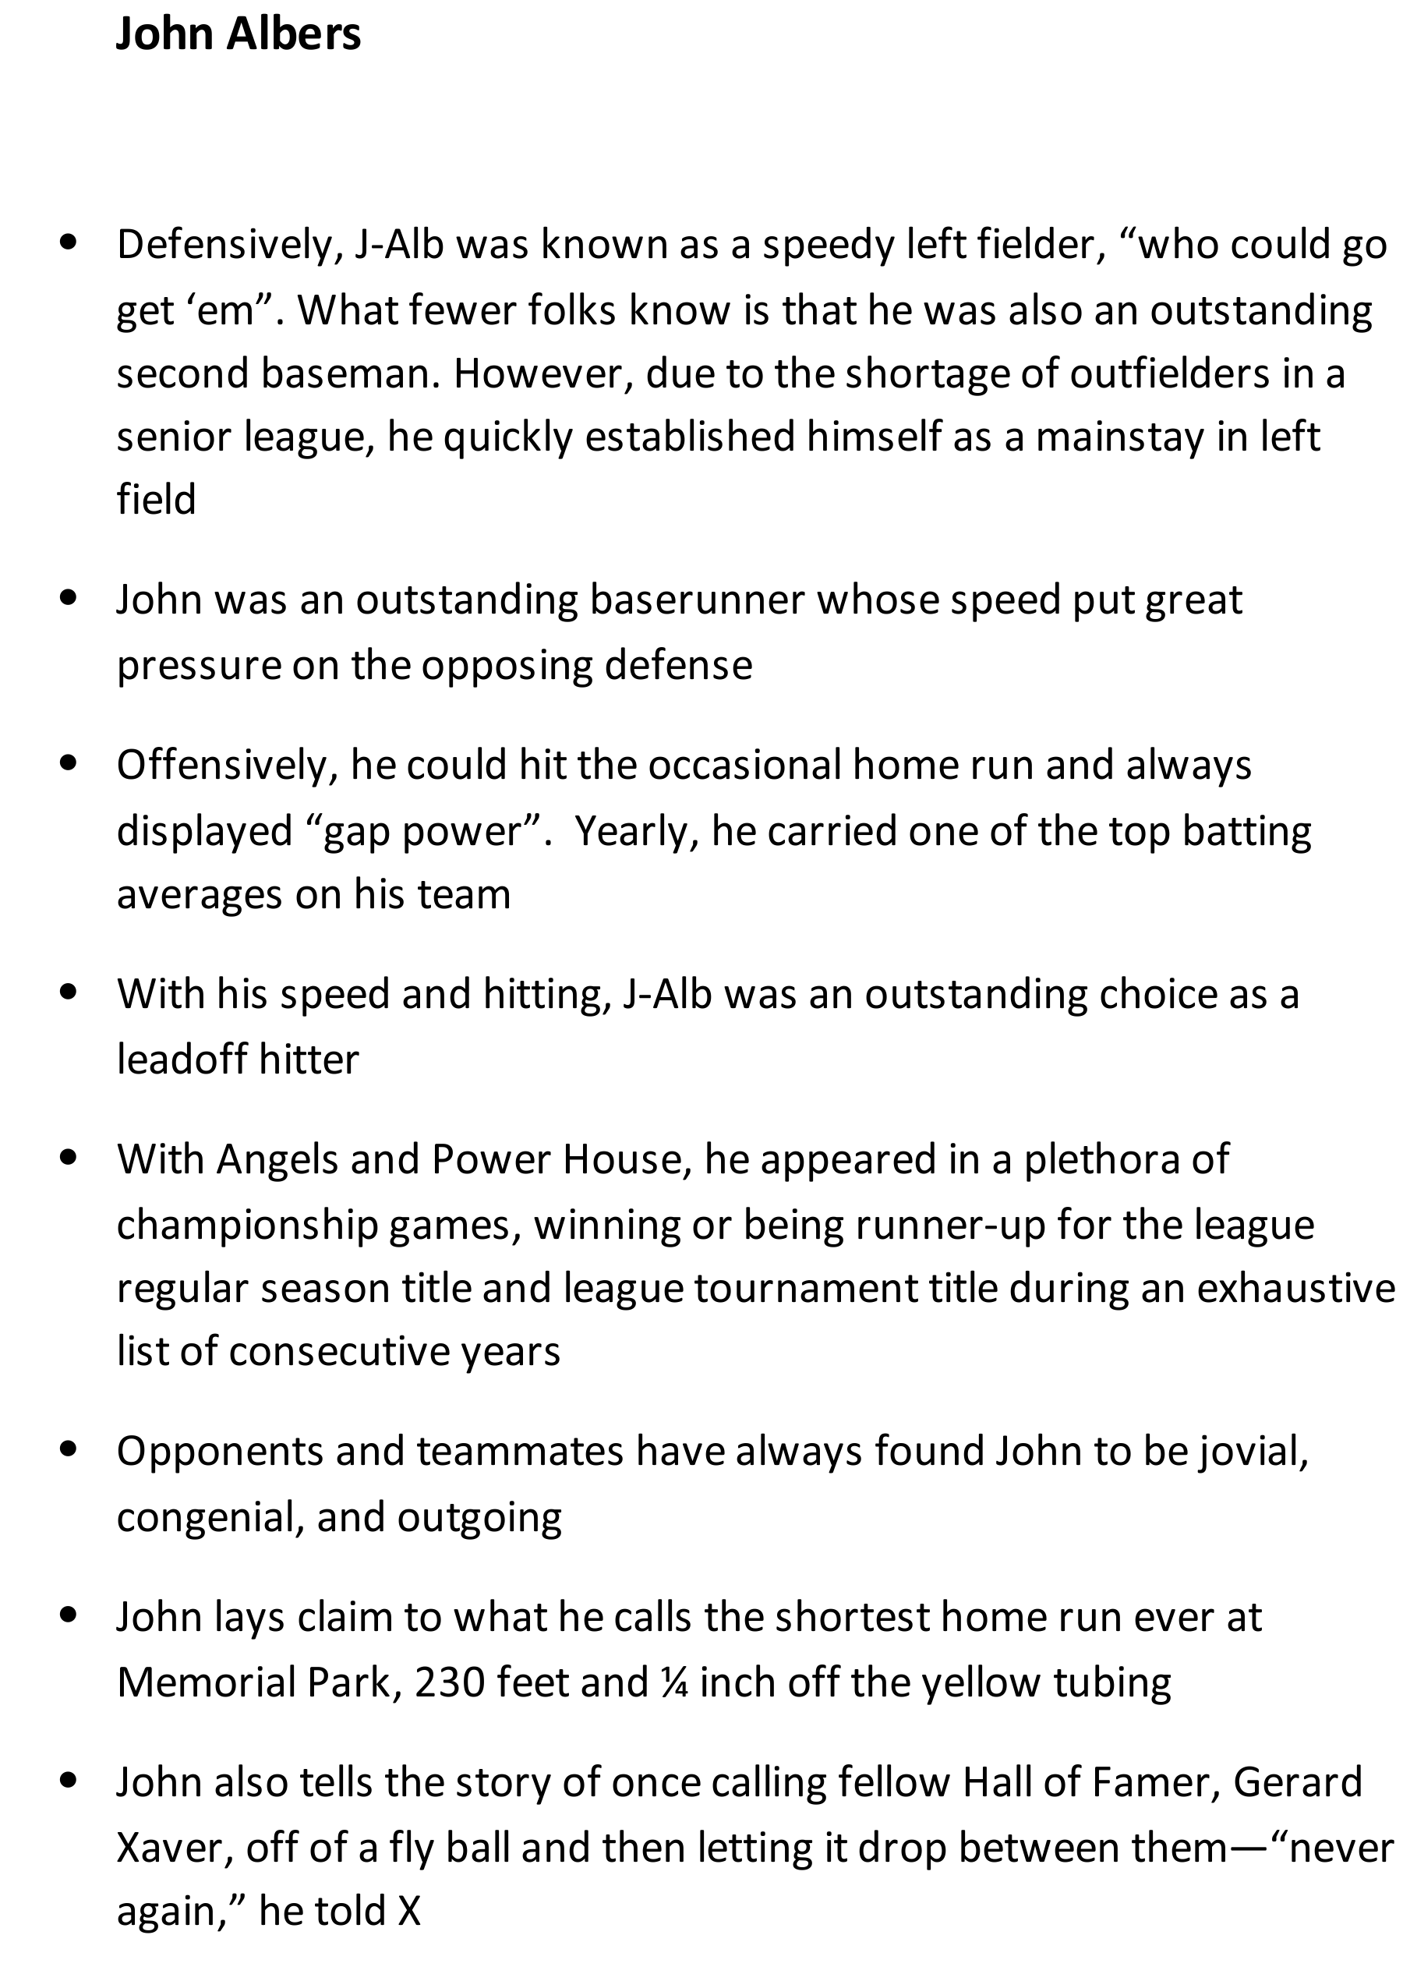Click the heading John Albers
click(x=238, y=34)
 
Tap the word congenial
click(x=210, y=1518)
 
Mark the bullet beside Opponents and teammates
click(x=69, y=1449)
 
